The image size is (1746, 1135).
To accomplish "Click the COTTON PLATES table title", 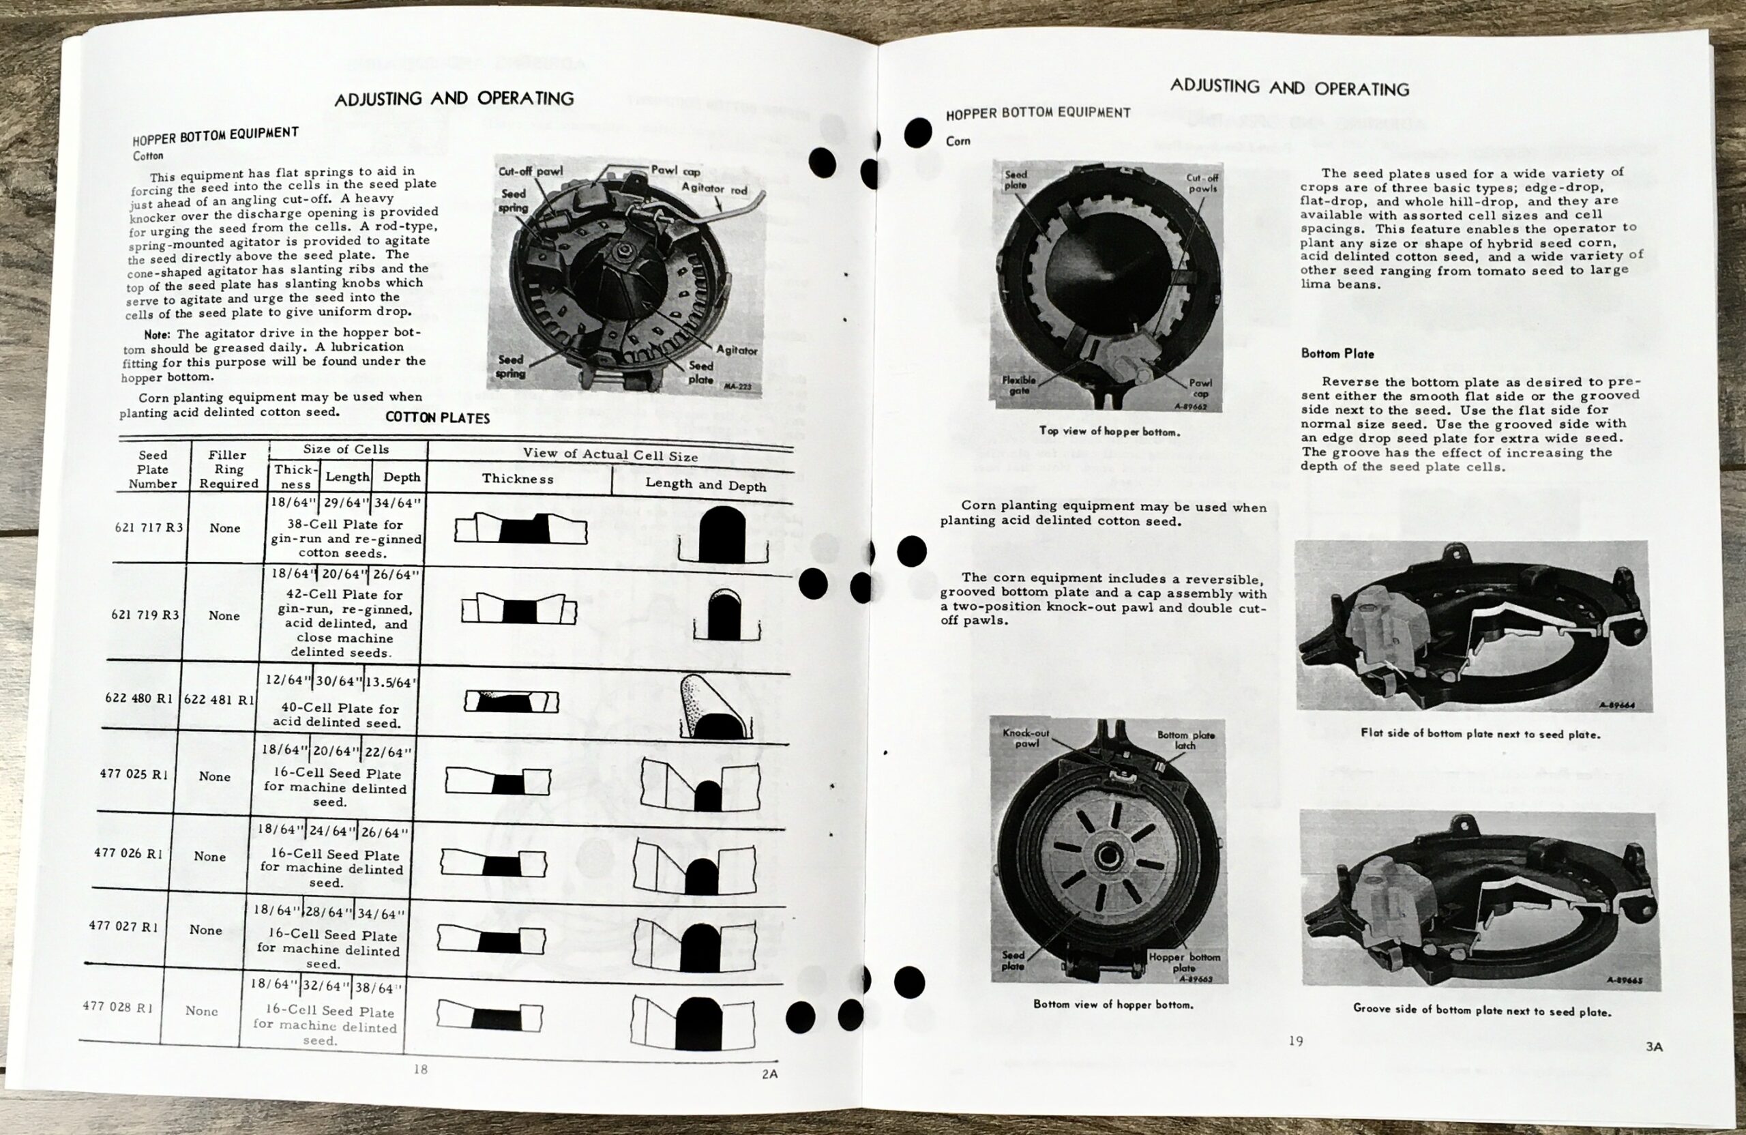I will (x=437, y=417).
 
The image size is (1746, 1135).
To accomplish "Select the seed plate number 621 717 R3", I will (x=149, y=527).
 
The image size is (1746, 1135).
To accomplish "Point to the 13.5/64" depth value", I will (x=391, y=681).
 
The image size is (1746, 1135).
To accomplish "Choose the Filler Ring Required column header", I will (x=228, y=469).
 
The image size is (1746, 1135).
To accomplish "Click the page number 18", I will (x=420, y=1069).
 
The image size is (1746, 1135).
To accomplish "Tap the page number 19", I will (x=1296, y=1040).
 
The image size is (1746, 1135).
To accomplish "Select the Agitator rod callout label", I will (x=714, y=188).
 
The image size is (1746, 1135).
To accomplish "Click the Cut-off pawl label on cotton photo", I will (x=531, y=171).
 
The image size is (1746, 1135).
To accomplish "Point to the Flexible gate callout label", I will (x=1019, y=385).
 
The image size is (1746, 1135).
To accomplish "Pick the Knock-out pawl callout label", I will (x=1026, y=738).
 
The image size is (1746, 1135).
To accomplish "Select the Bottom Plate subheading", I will (x=1337, y=353).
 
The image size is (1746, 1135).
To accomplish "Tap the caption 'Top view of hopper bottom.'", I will (x=1109, y=431).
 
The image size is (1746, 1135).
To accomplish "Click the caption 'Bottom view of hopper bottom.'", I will (x=1113, y=1005).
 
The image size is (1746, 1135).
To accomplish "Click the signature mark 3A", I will (x=1653, y=1047).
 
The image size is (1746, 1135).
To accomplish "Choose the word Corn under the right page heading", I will (x=958, y=141).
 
